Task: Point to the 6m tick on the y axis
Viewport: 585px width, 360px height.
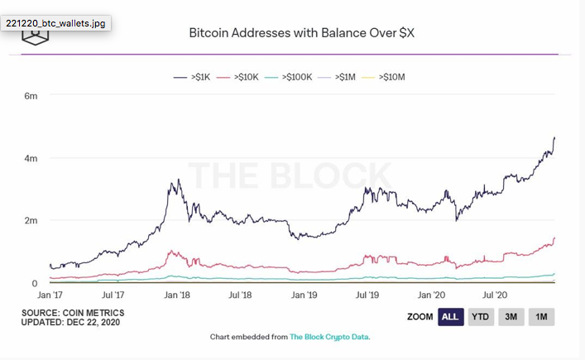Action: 31,96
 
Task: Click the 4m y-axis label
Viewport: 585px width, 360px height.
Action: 31,158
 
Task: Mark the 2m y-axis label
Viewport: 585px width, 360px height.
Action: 31,221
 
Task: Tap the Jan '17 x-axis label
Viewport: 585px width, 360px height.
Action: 50,295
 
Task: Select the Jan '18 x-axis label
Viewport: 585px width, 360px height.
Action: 177,295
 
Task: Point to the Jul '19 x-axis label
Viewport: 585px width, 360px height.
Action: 367,295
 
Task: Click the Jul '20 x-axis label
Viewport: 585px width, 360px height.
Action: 494,295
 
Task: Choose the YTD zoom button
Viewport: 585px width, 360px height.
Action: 479,317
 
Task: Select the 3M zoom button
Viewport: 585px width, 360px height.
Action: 511,317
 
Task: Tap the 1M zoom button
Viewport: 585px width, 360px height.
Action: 541,317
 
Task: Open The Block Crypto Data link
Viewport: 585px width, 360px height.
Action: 329,337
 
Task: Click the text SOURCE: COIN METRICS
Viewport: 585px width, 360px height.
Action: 74,313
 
